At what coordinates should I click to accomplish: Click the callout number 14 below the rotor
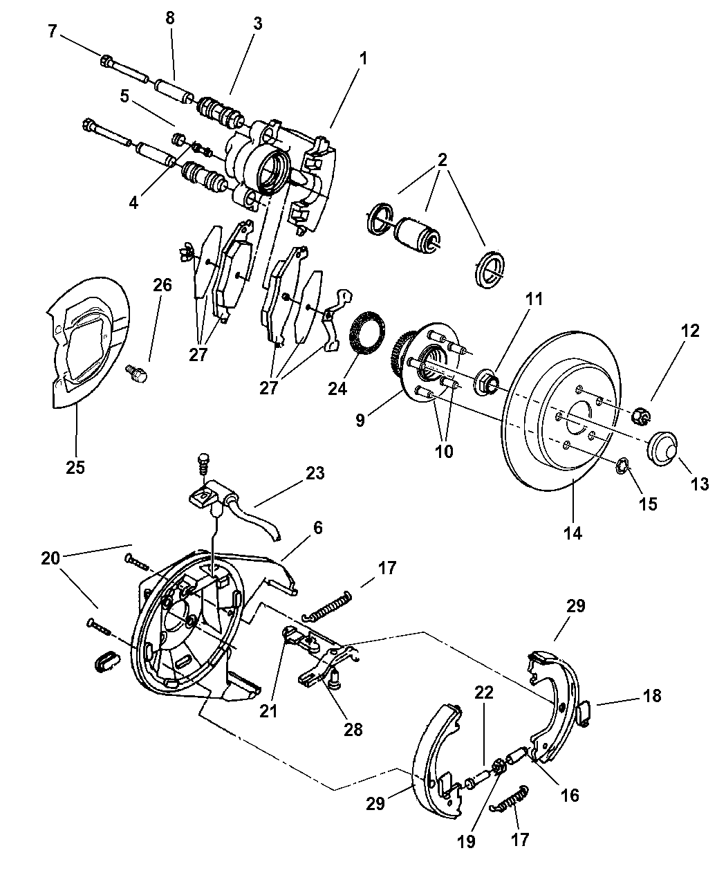(x=573, y=533)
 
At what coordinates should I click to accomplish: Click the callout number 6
(x=317, y=527)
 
